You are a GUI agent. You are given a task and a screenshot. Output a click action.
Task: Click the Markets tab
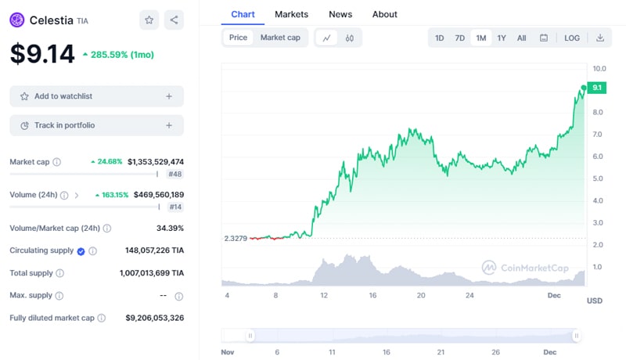291,14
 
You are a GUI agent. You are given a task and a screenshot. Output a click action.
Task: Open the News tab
340,14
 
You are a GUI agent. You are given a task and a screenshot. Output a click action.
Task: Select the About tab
384,14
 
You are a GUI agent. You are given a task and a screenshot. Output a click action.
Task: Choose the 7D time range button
460,38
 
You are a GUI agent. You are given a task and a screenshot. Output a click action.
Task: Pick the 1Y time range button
502,38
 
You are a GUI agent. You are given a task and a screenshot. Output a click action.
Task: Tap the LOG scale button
572,38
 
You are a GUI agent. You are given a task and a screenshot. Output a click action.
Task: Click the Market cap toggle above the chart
280,38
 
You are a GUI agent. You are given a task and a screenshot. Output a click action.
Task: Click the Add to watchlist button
96,96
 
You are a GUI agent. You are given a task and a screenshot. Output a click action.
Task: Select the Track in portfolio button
96,125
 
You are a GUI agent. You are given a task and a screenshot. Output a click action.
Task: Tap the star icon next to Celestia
149,20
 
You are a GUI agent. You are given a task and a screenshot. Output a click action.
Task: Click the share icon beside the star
174,20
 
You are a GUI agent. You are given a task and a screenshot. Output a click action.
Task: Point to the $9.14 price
42,54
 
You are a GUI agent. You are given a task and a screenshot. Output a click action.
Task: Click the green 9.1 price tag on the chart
597,88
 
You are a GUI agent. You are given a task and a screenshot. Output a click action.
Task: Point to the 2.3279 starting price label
236,238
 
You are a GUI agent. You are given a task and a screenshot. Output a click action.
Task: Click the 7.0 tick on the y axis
598,135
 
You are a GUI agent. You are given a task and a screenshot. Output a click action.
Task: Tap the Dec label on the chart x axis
554,295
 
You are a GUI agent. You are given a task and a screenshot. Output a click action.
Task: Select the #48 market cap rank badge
174,175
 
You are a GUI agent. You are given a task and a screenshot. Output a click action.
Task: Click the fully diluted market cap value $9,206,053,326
154,318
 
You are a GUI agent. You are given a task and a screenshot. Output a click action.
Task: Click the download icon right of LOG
600,38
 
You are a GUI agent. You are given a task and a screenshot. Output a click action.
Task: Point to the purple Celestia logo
17,20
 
